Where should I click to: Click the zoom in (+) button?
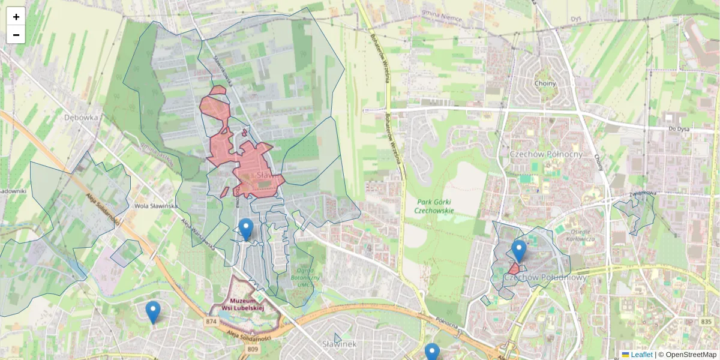(16, 17)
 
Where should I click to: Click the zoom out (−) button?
(16, 35)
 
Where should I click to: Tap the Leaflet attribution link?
(641, 355)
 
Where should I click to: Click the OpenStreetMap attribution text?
(691, 355)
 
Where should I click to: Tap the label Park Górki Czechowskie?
(434, 206)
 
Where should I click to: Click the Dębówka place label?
(80, 118)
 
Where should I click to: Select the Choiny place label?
(545, 83)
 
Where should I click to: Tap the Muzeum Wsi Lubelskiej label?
(243, 304)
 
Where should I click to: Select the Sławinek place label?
(340, 344)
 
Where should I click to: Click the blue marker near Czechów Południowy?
(519, 250)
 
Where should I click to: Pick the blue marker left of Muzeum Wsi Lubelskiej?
(153, 311)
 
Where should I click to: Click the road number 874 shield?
(211, 322)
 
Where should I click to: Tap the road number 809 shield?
(252, 349)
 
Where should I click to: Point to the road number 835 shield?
(706, 322)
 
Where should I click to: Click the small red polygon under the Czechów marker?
(514, 269)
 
